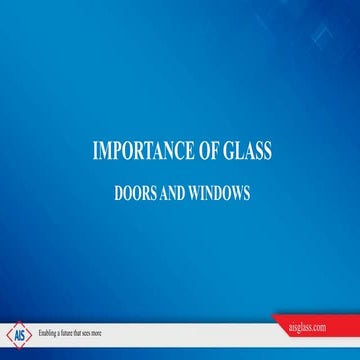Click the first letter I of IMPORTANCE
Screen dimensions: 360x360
[95, 152]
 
